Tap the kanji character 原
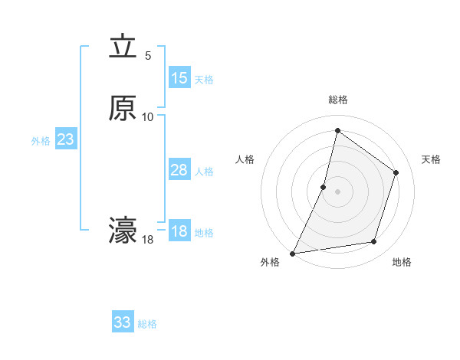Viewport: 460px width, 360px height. click(123, 108)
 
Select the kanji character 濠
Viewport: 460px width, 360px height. click(123, 231)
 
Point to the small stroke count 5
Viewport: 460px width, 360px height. click(148, 56)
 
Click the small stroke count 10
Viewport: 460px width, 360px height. click(148, 116)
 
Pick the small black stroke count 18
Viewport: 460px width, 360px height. click(148, 240)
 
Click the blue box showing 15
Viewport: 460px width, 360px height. click(179, 78)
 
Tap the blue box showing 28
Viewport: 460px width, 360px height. click(179, 170)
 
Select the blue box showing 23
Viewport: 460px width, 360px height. click(65, 139)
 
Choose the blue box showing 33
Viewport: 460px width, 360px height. click(123, 322)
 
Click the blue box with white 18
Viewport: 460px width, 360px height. click(179, 231)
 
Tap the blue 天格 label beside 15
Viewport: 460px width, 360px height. click(204, 80)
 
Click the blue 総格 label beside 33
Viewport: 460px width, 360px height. click(147, 324)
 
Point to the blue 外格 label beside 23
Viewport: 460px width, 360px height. click(41, 141)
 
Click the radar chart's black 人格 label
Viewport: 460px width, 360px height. click(245, 159)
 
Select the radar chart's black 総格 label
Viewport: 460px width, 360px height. click(338, 100)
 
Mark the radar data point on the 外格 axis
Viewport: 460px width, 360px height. click(292, 253)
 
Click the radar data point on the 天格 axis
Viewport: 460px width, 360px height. click(396, 172)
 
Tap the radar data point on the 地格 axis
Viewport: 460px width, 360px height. click(374, 242)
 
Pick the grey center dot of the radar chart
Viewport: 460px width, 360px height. click(338, 191)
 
